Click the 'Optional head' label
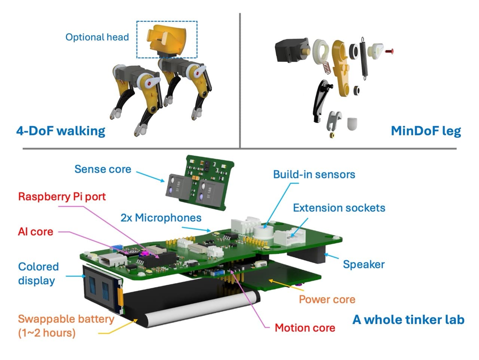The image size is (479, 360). (x=97, y=37)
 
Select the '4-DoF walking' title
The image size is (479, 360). (x=61, y=131)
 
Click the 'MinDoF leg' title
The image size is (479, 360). (x=426, y=131)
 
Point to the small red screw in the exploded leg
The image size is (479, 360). (x=389, y=52)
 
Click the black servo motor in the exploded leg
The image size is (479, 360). (x=292, y=50)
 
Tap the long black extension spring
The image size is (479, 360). (x=364, y=58)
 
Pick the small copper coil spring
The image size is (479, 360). (x=327, y=68)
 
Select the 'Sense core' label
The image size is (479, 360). (x=103, y=169)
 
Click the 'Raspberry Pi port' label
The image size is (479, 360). (x=62, y=196)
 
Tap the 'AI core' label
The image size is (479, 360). (x=36, y=232)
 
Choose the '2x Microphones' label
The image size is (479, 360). (x=161, y=218)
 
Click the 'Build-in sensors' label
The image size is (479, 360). (x=314, y=174)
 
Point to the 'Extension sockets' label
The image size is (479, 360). (x=339, y=208)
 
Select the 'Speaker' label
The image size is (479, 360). (x=364, y=265)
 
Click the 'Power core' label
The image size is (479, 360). (x=327, y=299)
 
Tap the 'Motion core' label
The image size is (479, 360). (x=305, y=328)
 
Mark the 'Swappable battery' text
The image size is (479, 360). (x=66, y=319)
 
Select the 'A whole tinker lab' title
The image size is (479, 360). (x=408, y=320)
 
